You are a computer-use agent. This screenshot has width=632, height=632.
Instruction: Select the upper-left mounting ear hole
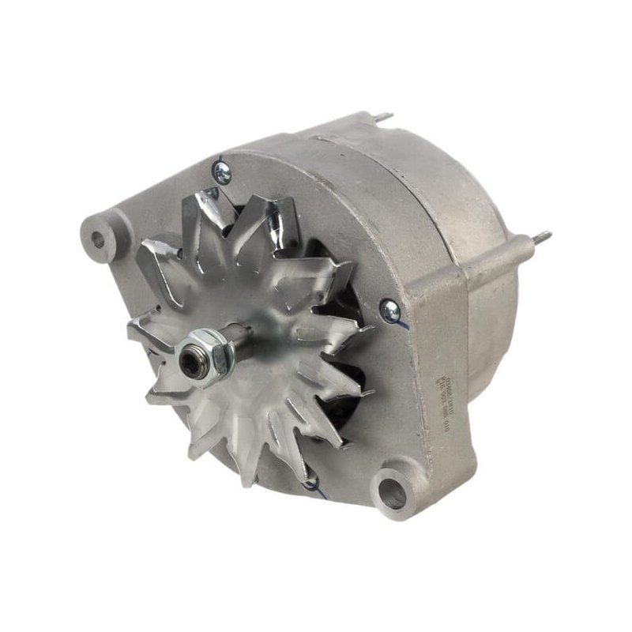(100, 238)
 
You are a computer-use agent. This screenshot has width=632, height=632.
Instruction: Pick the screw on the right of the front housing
(389, 310)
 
